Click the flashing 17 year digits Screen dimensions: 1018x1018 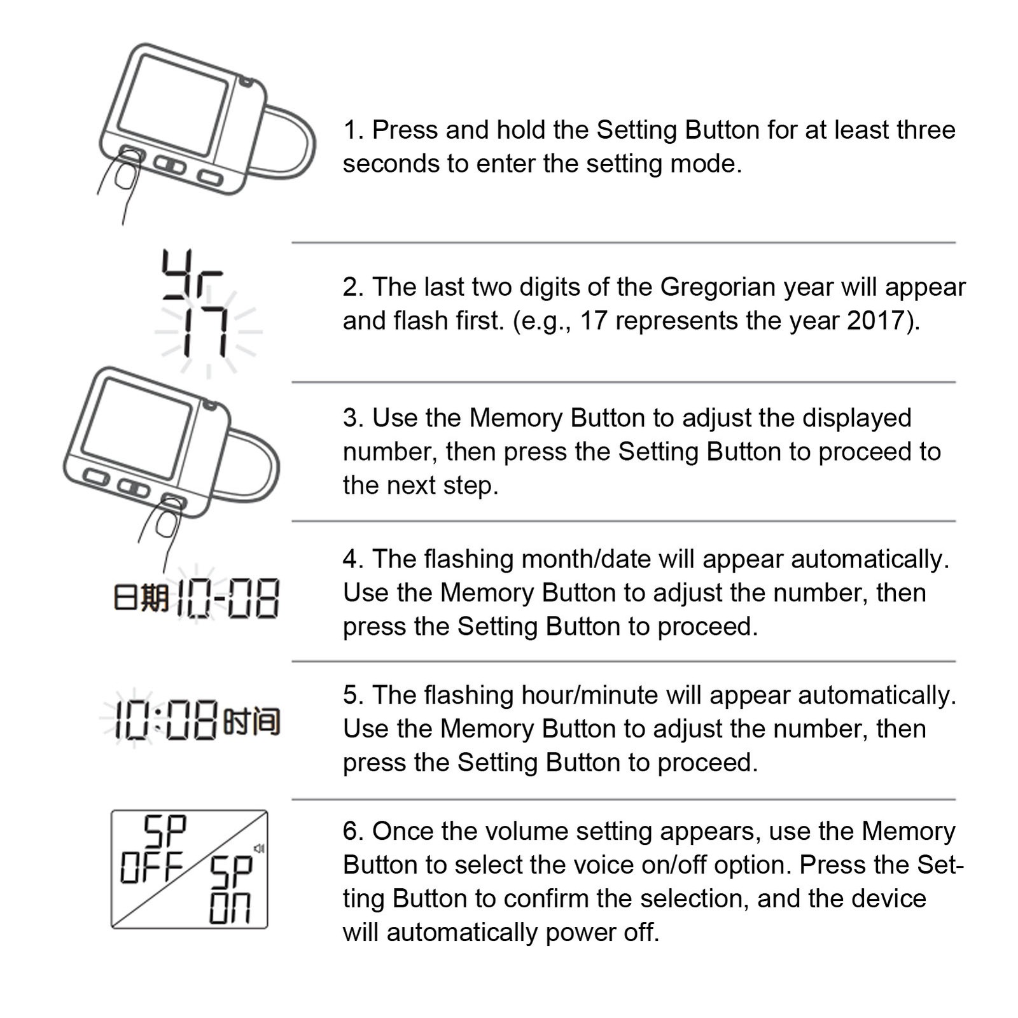pyautogui.click(x=206, y=331)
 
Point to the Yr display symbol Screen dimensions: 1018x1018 pyautogui.click(x=192, y=274)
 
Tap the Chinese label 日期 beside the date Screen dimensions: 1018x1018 pyautogui.click(x=141, y=599)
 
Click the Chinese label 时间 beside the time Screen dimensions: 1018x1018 pyautogui.click(x=253, y=722)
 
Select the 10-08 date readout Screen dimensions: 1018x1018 pyautogui.click(x=227, y=599)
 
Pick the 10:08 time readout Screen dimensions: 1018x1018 pyautogui.click(x=167, y=721)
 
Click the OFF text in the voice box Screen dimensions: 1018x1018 pyautogui.click(x=151, y=867)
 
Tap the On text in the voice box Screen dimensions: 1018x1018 pyautogui.click(x=230, y=908)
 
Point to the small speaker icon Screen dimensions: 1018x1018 pyautogui.click(x=259, y=848)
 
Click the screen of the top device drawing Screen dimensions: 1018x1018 pyautogui.click(x=173, y=106)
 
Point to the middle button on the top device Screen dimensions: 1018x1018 pyautogui.click(x=170, y=165)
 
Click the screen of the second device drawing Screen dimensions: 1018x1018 pyautogui.click(x=137, y=429)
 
